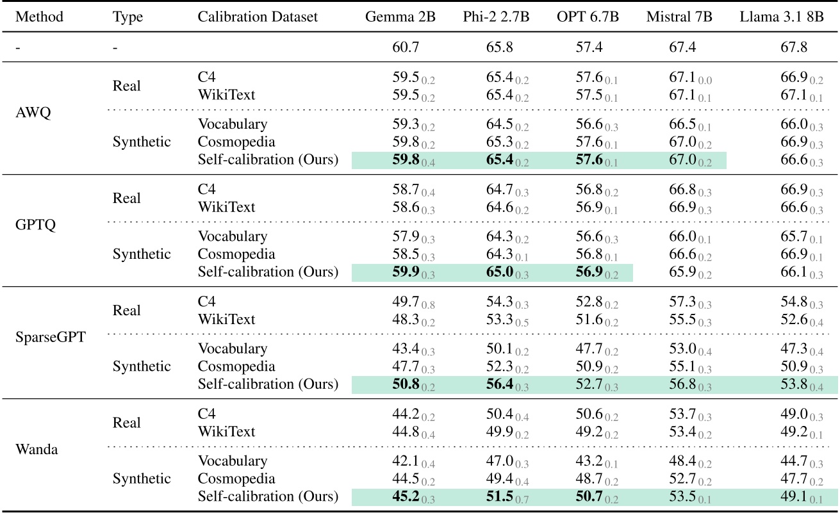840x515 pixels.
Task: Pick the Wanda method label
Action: click(x=36, y=449)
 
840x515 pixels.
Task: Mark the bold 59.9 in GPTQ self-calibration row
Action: click(x=406, y=272)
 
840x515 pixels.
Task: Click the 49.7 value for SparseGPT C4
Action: click(x=406, y=302)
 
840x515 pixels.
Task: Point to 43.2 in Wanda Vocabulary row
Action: click(x=589, y=461)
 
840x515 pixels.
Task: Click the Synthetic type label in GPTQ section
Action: click(x=142, y=254)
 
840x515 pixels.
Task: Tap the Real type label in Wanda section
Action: click(x=127, y=423)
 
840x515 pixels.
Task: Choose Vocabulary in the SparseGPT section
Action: click(x=232, y=349)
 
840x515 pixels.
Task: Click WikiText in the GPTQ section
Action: click(x=227, y=207)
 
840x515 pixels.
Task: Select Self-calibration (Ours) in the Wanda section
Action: click(x=268, y=496)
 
